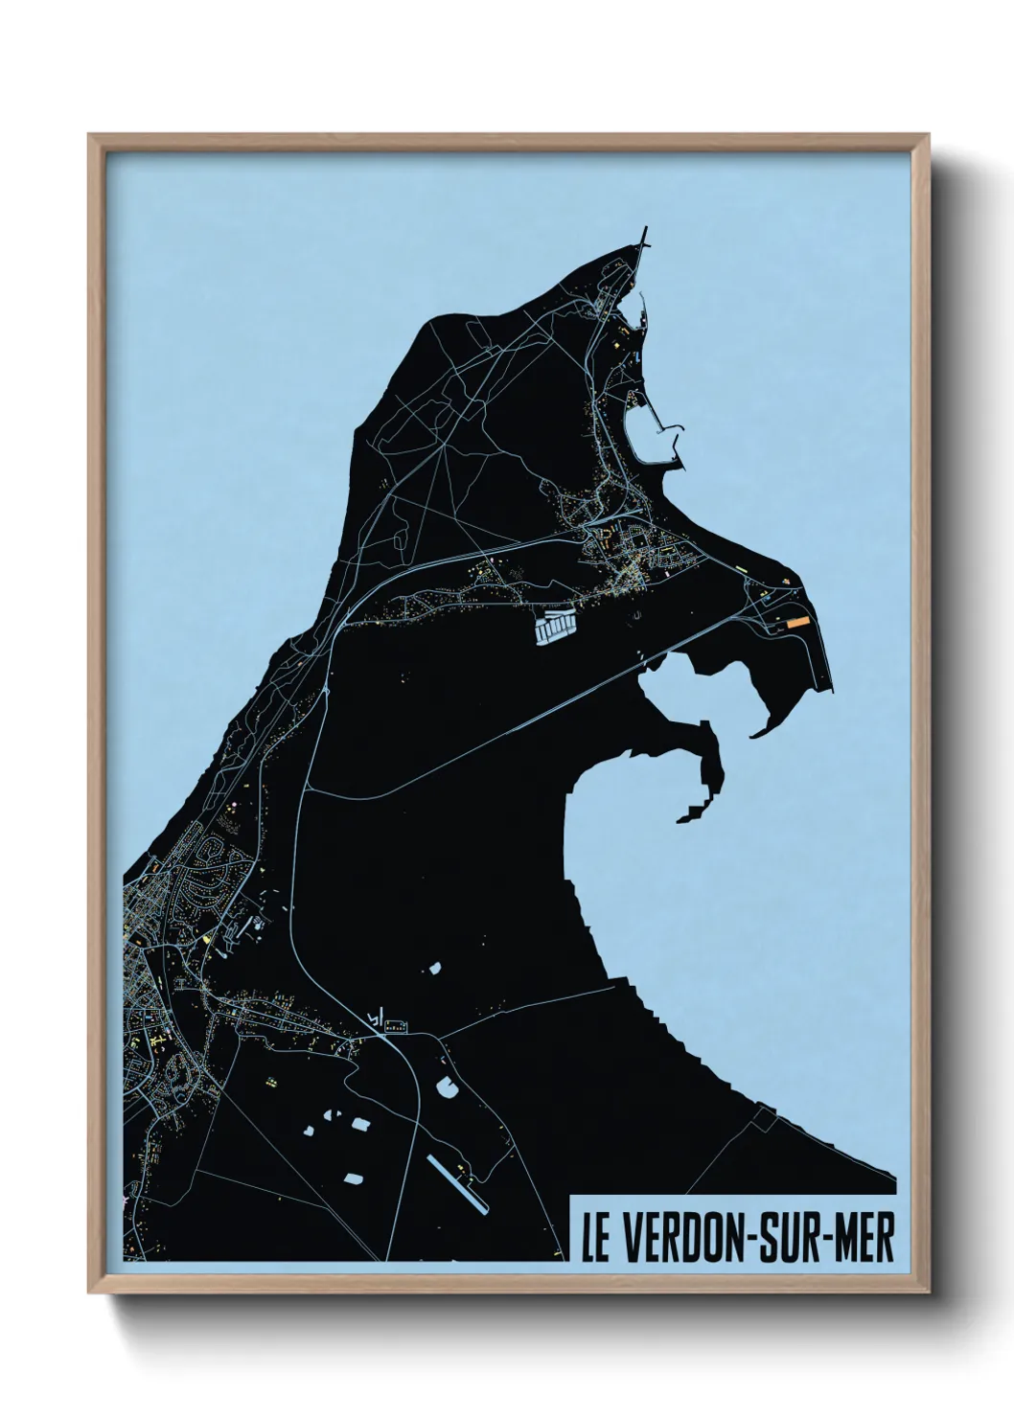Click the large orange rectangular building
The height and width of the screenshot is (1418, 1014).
pyautogui.click(x=797, y=621)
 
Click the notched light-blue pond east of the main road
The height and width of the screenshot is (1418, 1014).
pyautogui.click(x=447, y=1086)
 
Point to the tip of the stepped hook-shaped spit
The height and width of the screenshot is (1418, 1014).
pyautogui.click(x=683, y=819)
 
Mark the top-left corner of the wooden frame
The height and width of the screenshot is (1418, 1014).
pyautogui.click(x=89, y=135)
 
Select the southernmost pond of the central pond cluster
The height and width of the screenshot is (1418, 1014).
pyautogui.click(x=354, y=1176)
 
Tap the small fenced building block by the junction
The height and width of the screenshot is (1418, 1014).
pyautogui.click(x=393, y=1028)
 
